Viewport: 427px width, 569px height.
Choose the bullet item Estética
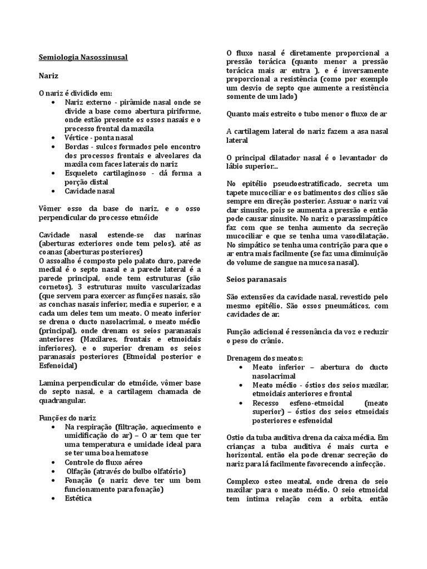pos(78,498)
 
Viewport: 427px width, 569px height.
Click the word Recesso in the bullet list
pos(269,403)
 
